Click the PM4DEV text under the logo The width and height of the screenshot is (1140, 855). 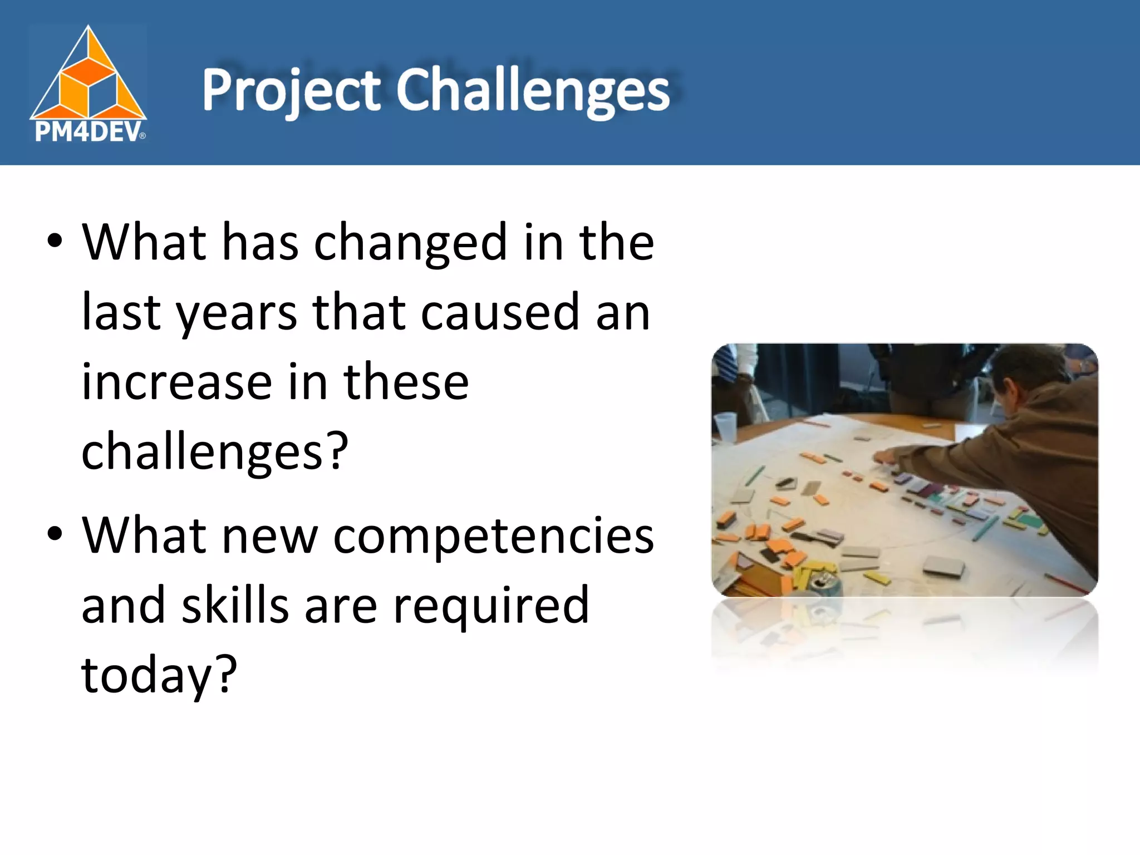click(x=88, y=132)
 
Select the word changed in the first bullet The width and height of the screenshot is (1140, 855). click(x=410, y=243)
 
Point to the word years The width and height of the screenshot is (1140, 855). click(x=237, y=313)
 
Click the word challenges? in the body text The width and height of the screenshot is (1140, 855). click(x=215, y=452)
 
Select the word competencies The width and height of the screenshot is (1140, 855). click(x=493, y=537)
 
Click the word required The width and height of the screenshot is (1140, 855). click(x=491, y=607)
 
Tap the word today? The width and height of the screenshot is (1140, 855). click(x=159, y=676)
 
